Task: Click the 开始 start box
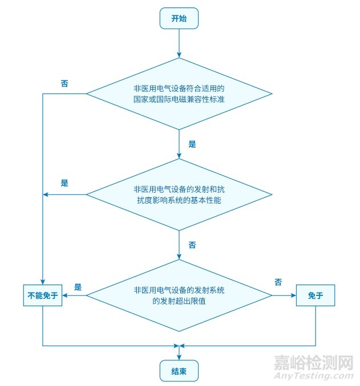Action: tap(179, 18)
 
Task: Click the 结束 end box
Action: tap(179, 372)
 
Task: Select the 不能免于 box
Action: tap(43, 295)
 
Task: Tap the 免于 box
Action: tap(315, 295)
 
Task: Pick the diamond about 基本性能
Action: tap(179, 194)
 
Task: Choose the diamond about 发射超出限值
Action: tap(179, 295)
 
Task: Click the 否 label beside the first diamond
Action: tap(64, 83)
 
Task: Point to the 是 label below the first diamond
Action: tap(192, 145)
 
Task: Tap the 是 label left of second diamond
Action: tap(64, 184)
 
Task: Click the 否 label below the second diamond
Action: tap(192, 245)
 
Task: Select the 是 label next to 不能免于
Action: tap(78, 287)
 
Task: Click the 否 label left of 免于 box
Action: tap(278, 282)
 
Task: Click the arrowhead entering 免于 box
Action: tap(293, 295)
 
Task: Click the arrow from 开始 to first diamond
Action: tap(179, 43)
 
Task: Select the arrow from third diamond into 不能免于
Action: tap(74, 295)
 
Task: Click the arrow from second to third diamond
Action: tap(179, 245)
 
